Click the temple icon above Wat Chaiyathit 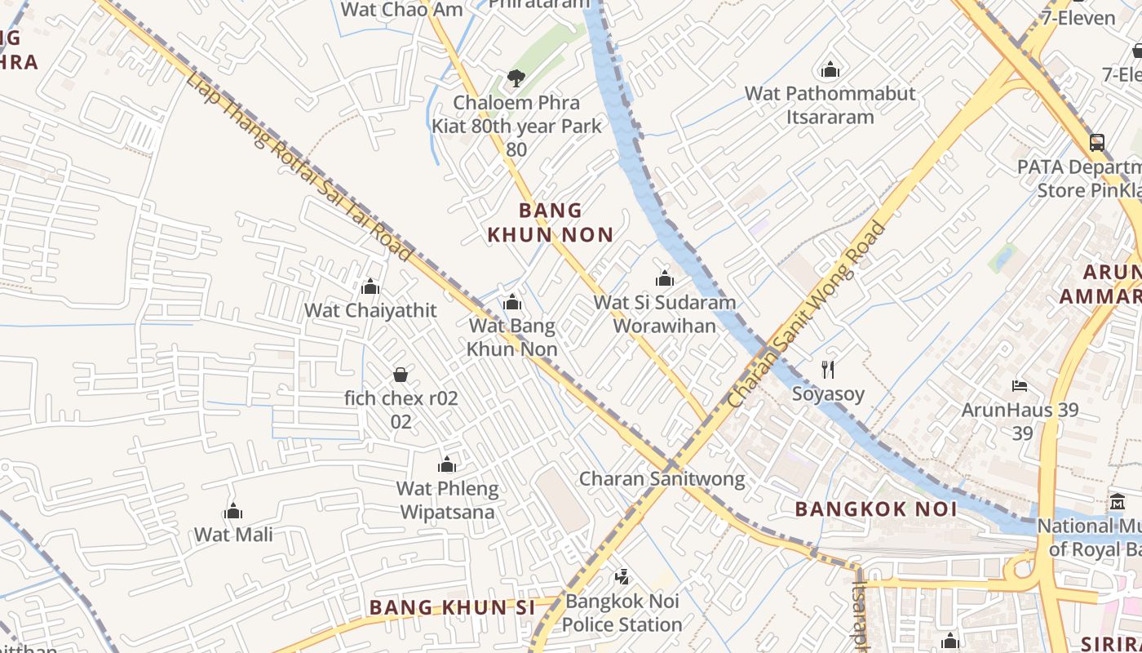(370, 287)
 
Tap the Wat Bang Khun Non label (512, 337)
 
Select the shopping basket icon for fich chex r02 (401, 375)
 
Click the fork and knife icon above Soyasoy (828, 369)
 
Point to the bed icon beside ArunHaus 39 (1019, 385)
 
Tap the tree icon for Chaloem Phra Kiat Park (516, 78)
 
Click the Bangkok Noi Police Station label (622, 613)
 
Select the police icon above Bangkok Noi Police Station (622, 577)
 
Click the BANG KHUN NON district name (551, 222)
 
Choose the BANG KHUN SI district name (452, 607)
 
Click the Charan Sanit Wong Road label (807, 315)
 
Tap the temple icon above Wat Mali (233, 512)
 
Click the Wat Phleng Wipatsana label (446, 500)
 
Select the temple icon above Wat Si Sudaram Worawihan (665, 278)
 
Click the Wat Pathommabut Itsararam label (830, 104)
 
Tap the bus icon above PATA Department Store (1097, 143)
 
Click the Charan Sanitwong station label (662, 478)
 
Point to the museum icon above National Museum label (1117, 501)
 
